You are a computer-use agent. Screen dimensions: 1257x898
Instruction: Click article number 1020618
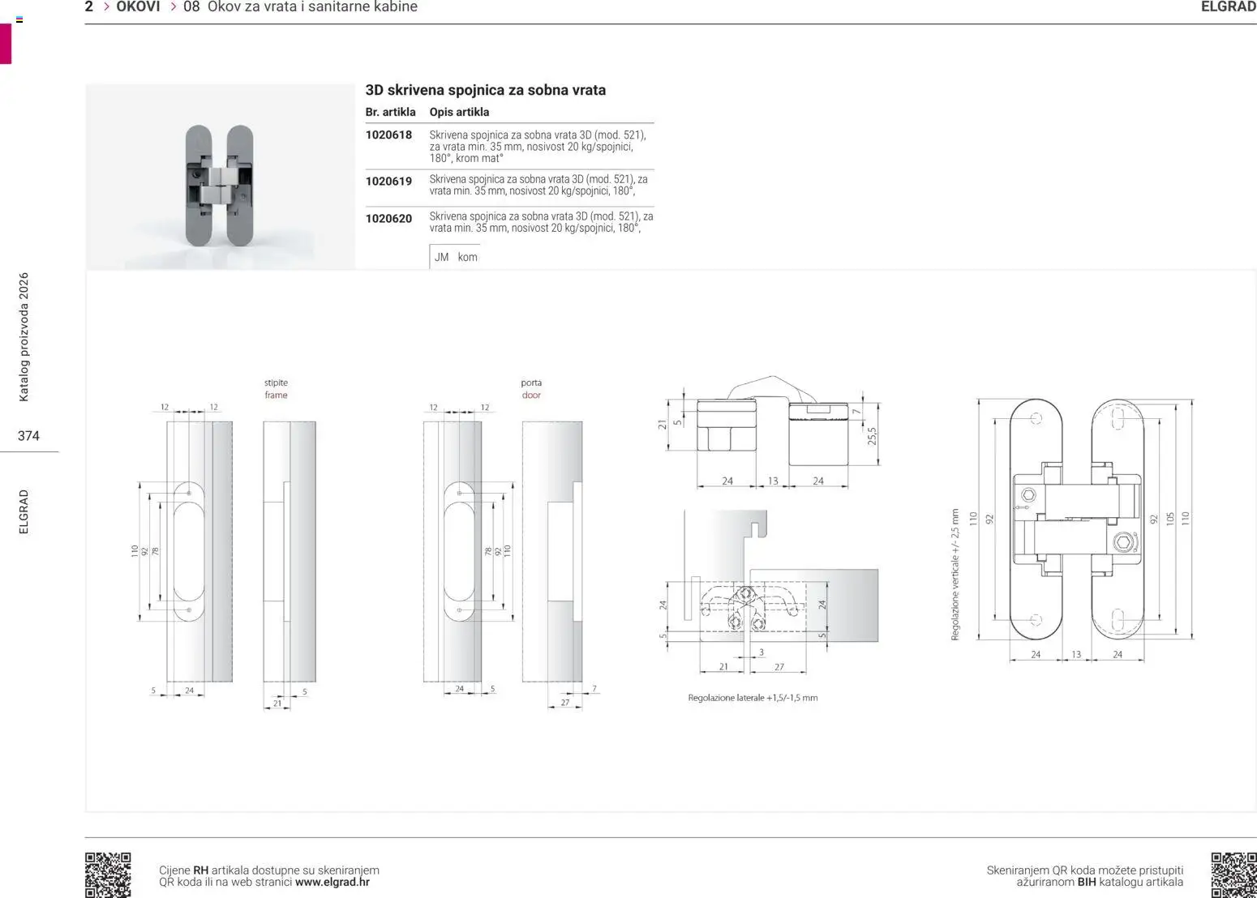pos(388,135)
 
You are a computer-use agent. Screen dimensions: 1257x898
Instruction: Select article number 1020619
pos(388,182)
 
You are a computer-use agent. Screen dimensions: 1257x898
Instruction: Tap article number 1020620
pos(388,219)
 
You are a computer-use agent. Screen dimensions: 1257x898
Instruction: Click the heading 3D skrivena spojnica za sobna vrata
pos(485,90)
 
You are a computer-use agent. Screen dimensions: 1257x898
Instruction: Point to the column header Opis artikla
pos(459,112)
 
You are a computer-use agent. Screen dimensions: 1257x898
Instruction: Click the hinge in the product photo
pos(219,185)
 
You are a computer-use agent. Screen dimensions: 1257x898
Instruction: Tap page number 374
pos(28,436)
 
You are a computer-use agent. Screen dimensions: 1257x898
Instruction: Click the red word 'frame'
pos(276,396)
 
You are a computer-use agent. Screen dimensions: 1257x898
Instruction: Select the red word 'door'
pos(531,396)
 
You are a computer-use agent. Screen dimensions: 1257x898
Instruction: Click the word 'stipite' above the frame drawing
pos(276,383)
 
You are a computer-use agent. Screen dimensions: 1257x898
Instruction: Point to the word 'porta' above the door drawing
pos(531,383)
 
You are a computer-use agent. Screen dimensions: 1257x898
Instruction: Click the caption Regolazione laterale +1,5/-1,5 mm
pos(753,698)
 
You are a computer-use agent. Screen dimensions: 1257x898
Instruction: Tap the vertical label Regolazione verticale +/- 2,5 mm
pos(955,575)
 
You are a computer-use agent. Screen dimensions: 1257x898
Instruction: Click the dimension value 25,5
pos(873,436)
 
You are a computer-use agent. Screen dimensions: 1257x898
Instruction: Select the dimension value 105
pos(1170,519)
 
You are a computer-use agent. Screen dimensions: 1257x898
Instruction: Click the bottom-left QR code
pos(108,874)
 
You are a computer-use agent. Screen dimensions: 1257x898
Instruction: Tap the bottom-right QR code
pos(1233,874)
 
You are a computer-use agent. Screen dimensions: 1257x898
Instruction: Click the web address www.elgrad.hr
pos(332,883)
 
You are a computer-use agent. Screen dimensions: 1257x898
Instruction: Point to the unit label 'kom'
pos(468,257)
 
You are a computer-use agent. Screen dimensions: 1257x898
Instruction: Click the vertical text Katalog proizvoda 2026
pos(24,337)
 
